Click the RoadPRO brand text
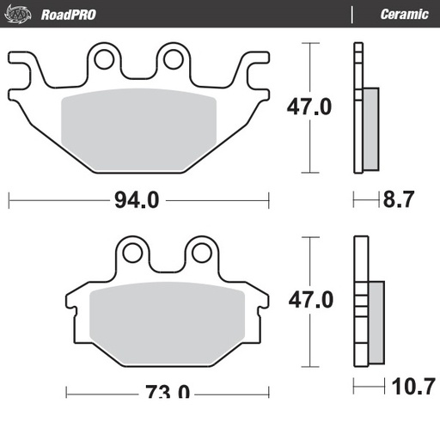coord(68,15)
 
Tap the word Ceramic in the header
coord(404,15)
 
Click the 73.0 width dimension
coord(168,393)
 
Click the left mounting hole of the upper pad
coord(105,59)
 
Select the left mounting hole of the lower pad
coord(131,252)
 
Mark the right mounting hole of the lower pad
coord(199,252)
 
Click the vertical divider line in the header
coord(351,15)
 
